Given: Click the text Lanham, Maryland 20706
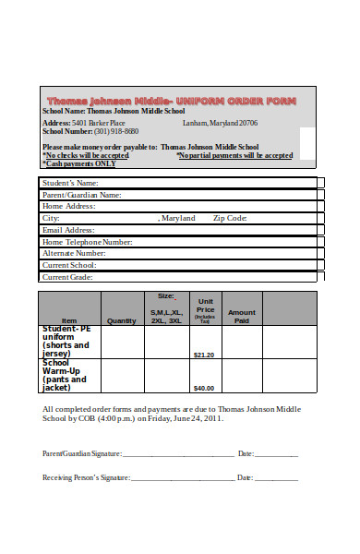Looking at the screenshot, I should click(x=221, y=123).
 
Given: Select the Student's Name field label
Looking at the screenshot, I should click(x=70, y=183).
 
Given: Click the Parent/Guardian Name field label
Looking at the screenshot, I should click(x=82, y=195).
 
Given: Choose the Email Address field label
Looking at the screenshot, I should click(x=68, y=230).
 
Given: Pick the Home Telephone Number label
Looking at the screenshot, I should click(x=88, y=242).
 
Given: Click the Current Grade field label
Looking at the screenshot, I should click(x=68, y=276).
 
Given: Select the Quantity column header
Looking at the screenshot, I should click(x=122, y=320).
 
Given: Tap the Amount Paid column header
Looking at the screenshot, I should click(x=242, y=317).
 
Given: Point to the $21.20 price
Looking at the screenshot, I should click(x=204, y=355).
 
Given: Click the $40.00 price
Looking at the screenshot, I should click(x=204, y=388).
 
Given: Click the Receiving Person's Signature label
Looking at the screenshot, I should click(x=86, y=477).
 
